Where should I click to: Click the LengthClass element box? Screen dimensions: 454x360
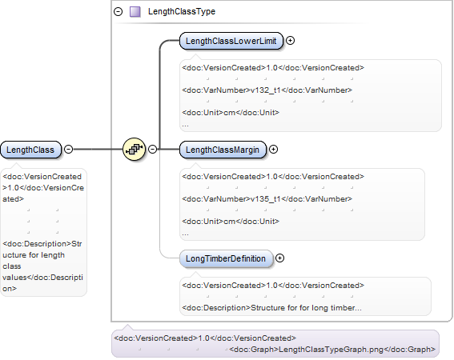click(30, 150)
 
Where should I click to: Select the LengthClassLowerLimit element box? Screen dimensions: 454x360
click(231, 41)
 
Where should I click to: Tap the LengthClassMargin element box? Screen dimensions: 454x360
click(223, 150)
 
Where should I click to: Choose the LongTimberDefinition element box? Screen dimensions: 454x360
click(226, 258)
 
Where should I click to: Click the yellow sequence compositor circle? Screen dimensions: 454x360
click(134, 149)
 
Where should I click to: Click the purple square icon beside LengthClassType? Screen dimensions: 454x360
click(135, 11)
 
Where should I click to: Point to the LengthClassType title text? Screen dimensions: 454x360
click(182, 11)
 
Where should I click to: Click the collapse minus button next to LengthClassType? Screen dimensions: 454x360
click(119, 11)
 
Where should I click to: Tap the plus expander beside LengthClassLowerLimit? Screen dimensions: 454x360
click(290, 41)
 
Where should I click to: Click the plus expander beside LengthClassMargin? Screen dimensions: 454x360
click(273, 150)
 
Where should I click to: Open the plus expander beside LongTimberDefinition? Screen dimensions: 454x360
click(279, 258)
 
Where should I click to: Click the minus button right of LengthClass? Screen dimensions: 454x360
click(68, 150)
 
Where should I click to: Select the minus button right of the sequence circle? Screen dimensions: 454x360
click(153, 149)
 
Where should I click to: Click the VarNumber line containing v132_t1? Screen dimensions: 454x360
click(267, 90)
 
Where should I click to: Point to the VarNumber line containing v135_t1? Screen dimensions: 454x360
click(267, 199)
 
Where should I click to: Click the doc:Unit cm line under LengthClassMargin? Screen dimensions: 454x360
click(231, 222)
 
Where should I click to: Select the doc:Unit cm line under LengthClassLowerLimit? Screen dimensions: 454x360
click(231, 113)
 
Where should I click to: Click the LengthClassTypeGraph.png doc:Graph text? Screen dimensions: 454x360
click(332, 350)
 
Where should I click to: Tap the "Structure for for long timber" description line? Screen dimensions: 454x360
click(271, 308)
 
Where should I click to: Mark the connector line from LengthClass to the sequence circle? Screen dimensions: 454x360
click(98, 150)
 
